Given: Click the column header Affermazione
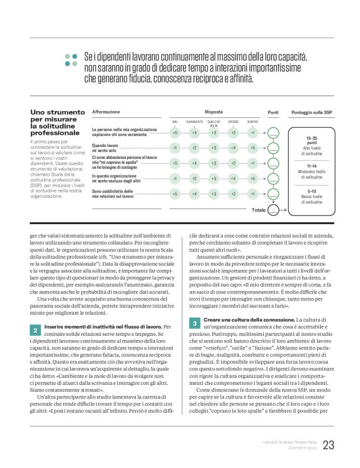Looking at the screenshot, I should [106, 112].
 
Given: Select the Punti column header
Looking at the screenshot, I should [273, 112].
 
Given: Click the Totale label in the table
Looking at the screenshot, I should [259, 210].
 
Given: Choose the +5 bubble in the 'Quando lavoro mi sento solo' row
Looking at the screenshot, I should [253, 148].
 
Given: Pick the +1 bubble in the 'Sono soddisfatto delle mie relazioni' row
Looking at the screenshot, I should [253, 194].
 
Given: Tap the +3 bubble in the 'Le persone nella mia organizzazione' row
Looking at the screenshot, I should [214, 133].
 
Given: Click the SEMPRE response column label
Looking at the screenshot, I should [253, 122].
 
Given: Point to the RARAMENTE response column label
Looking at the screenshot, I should [194, 122].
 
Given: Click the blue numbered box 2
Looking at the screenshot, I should [35, 329].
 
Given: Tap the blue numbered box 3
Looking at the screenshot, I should [194, 323].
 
